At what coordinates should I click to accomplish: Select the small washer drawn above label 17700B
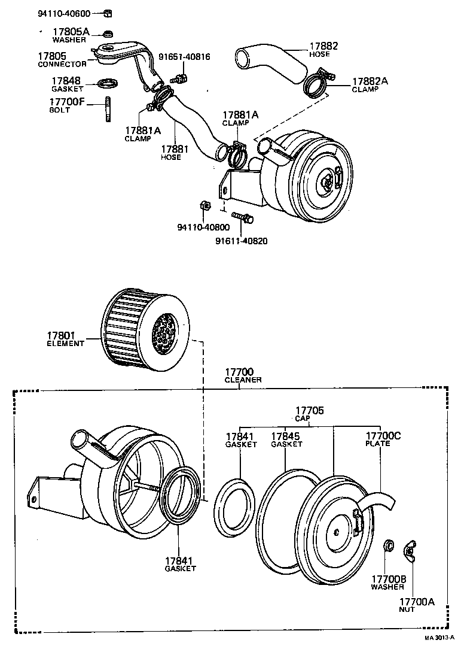point(388,546)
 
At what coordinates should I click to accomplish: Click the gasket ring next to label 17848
point(108,83)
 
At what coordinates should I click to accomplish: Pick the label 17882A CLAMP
point(370,84)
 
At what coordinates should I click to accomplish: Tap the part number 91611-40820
point(241,241)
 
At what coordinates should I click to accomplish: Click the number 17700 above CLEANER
point(239,372)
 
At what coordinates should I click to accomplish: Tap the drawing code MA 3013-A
point(439,638)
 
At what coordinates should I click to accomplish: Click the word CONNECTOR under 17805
point(62,64)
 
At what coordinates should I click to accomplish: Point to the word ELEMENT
point(65,344)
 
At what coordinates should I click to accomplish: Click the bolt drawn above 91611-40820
point(242,217)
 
